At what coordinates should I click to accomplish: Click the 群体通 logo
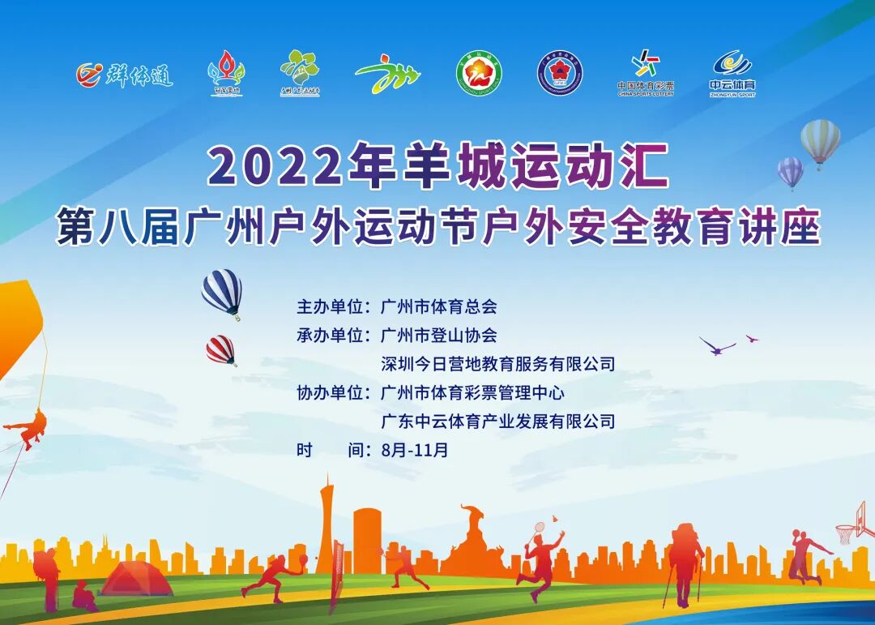click(125, 75)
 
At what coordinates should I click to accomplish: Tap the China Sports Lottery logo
click(645, 73)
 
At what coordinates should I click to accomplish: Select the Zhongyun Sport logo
click(732, 73)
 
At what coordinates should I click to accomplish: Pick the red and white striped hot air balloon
click(220, 349)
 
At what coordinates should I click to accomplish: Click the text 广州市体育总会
click(438, 307)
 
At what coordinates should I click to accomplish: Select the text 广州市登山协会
click(438, 335)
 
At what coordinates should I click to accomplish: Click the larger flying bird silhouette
click(717, 346)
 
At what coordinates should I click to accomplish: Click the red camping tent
click(135, 579)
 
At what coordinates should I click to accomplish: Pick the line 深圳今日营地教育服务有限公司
click(497, 364)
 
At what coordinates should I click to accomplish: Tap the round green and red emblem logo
click(478, 74)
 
